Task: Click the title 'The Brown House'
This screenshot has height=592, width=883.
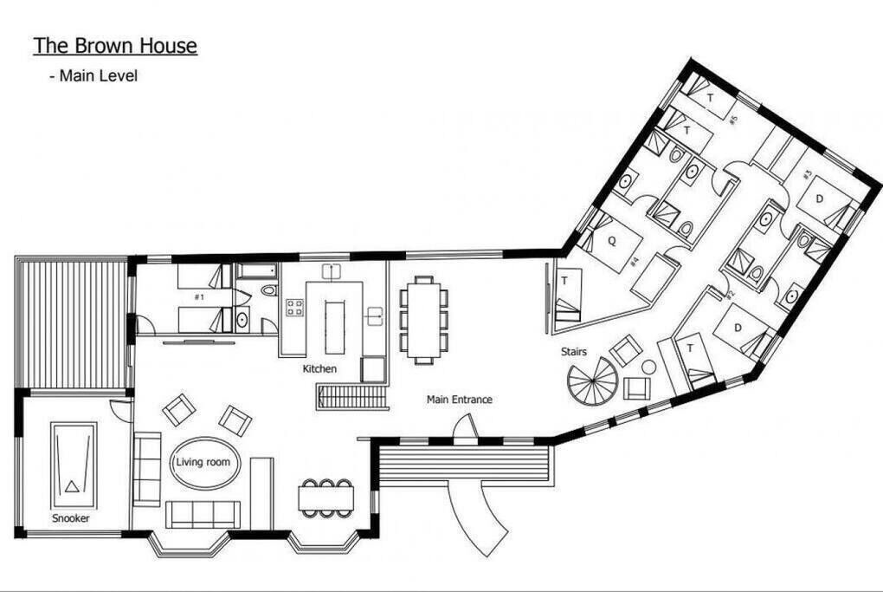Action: [115, 46]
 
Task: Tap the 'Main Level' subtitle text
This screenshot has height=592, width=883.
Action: [99, 75]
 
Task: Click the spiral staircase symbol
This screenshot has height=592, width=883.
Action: [592, 381]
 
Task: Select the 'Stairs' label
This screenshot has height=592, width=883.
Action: [573, 351]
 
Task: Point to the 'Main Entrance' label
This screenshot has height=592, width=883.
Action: [459, 400]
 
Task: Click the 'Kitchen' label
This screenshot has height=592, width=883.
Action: [319, 368]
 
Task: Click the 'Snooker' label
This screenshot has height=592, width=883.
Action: [70, 518]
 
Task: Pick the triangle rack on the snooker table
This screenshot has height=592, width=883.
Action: [71, 486]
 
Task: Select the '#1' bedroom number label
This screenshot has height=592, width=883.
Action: [199, 296]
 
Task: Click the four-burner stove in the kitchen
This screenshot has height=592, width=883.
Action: [294, 308]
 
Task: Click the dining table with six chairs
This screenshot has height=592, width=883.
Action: [423, 320]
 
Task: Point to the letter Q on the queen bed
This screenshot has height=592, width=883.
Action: [612, 241]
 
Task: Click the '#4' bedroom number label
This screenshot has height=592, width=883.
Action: [634, 262]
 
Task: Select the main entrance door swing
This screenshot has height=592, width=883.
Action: [466, 426]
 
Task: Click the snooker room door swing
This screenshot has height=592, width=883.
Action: [120, 410]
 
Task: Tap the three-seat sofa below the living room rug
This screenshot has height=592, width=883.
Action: [203, 514]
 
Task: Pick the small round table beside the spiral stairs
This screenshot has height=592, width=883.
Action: [648, 367]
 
